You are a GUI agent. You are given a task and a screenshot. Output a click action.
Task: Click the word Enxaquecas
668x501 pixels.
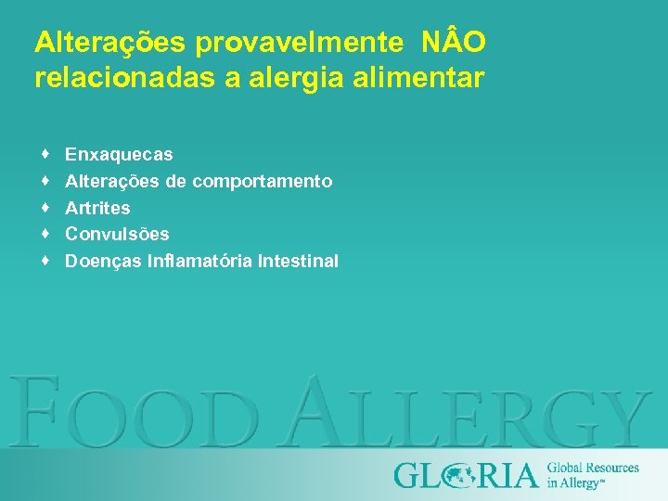tap(119, 154)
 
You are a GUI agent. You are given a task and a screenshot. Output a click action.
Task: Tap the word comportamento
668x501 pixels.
tap(263, 181)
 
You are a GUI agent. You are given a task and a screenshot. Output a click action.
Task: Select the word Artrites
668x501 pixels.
tap(97, 208)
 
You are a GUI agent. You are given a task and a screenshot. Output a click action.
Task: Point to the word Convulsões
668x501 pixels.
tap(117, 235)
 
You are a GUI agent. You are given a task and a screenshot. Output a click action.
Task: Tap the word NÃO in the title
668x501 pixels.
tap(454, 43)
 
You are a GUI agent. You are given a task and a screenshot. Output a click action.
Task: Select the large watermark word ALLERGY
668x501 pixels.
tap(464, 411)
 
